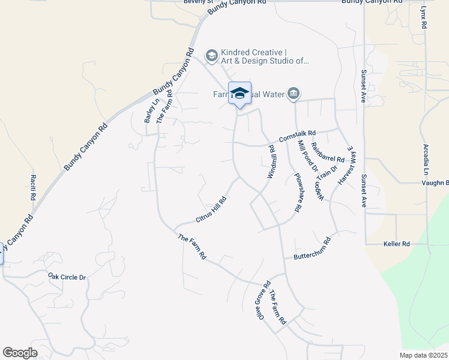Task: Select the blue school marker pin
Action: point(240,94)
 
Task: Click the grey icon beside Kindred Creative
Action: point(211,56)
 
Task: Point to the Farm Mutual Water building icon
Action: point(294,94)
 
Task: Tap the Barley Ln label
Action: point(148,111)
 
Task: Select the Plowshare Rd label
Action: point(296,193)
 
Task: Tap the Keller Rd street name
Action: point(396,244)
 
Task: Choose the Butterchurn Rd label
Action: point(312,250)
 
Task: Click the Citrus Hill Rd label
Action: point(211,210)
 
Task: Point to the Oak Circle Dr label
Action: point(67,277)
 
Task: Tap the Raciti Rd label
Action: point(33,188)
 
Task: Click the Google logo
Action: point(20,352)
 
